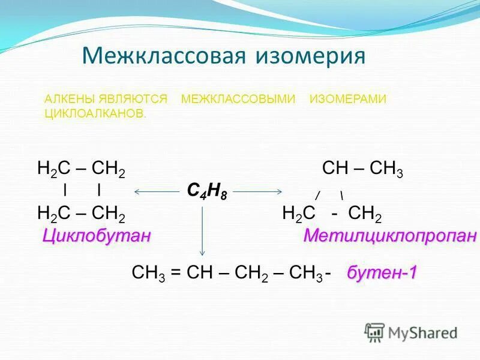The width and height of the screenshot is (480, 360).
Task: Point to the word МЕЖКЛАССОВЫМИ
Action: (238, 99)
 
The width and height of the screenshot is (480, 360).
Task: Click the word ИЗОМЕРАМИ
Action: (348, 99)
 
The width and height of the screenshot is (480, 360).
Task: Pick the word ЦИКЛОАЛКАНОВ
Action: (95, 113)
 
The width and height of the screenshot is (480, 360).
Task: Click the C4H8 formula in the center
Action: (206, 191)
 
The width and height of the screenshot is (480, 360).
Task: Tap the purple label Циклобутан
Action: (96, 236)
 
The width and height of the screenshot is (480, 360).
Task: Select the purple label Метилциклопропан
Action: (390, 236)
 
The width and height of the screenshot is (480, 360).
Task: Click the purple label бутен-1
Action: (382, 272)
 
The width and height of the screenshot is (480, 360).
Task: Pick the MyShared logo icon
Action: (374, 332)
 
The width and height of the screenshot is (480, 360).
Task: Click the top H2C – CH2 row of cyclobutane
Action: (81, 170)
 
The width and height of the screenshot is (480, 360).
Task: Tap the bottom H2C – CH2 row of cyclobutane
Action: (81, 215)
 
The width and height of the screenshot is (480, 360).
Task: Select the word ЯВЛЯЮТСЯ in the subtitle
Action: (137, 99)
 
